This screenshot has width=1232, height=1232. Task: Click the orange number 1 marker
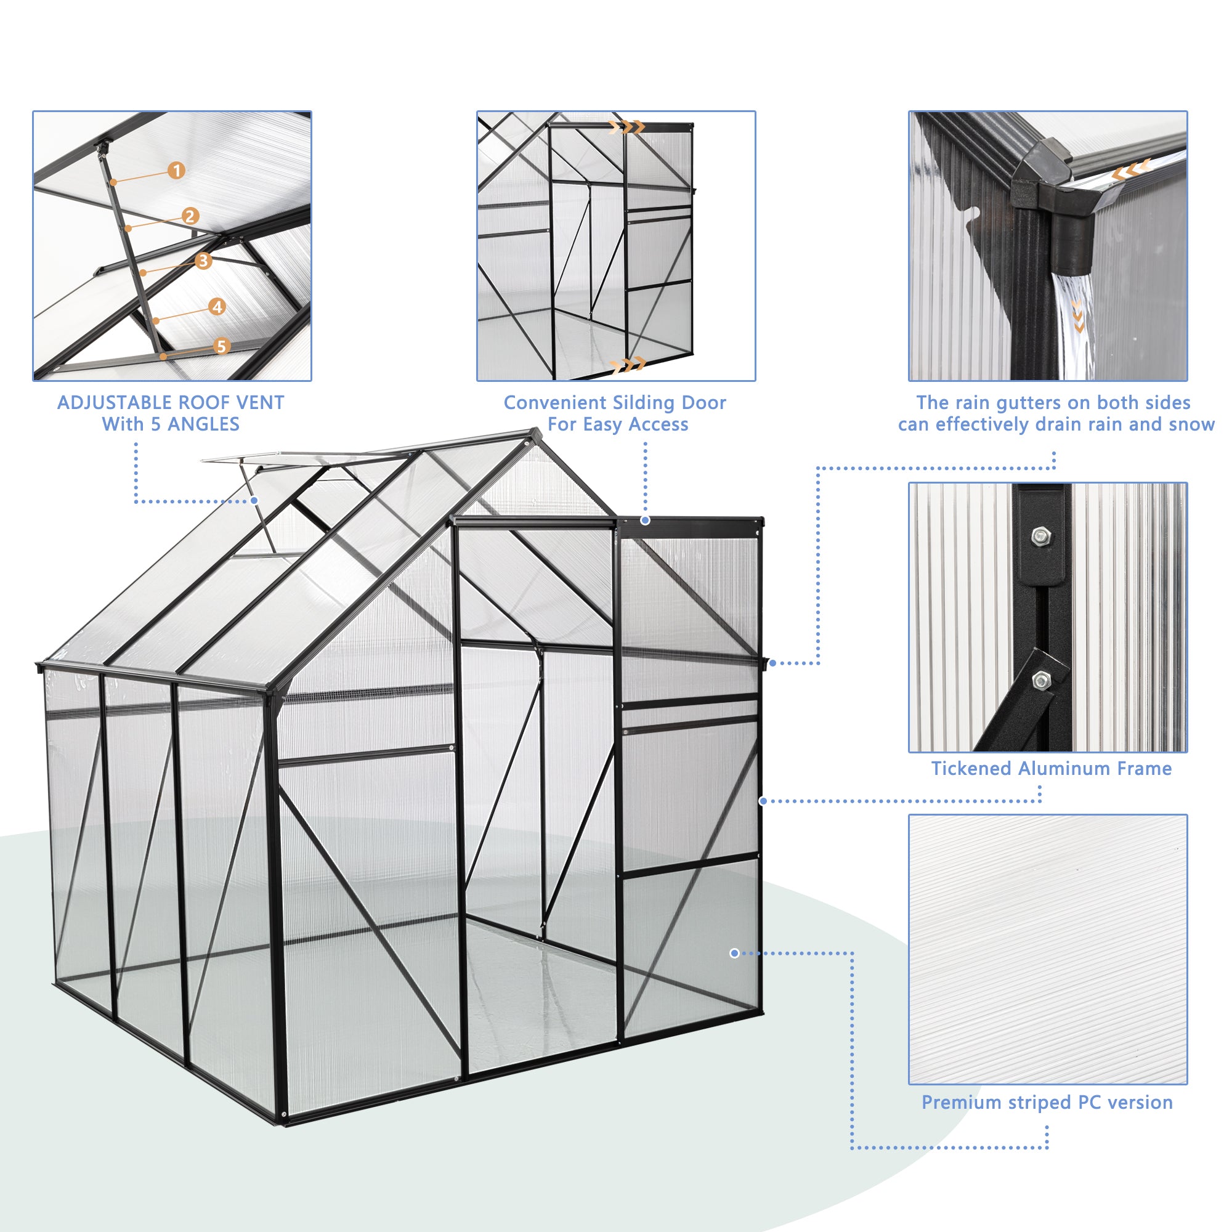177,170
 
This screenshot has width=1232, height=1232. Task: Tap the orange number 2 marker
189,216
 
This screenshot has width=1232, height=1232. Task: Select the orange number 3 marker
203,260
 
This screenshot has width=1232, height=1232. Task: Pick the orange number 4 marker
217,307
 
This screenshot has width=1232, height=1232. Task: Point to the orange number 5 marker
221,346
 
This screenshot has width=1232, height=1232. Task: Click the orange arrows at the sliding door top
628,127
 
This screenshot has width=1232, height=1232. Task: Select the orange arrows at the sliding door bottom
628,365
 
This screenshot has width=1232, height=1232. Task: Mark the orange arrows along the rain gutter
1130,169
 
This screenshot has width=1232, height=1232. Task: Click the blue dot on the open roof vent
254,501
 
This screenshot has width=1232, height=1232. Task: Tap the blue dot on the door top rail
646,521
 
